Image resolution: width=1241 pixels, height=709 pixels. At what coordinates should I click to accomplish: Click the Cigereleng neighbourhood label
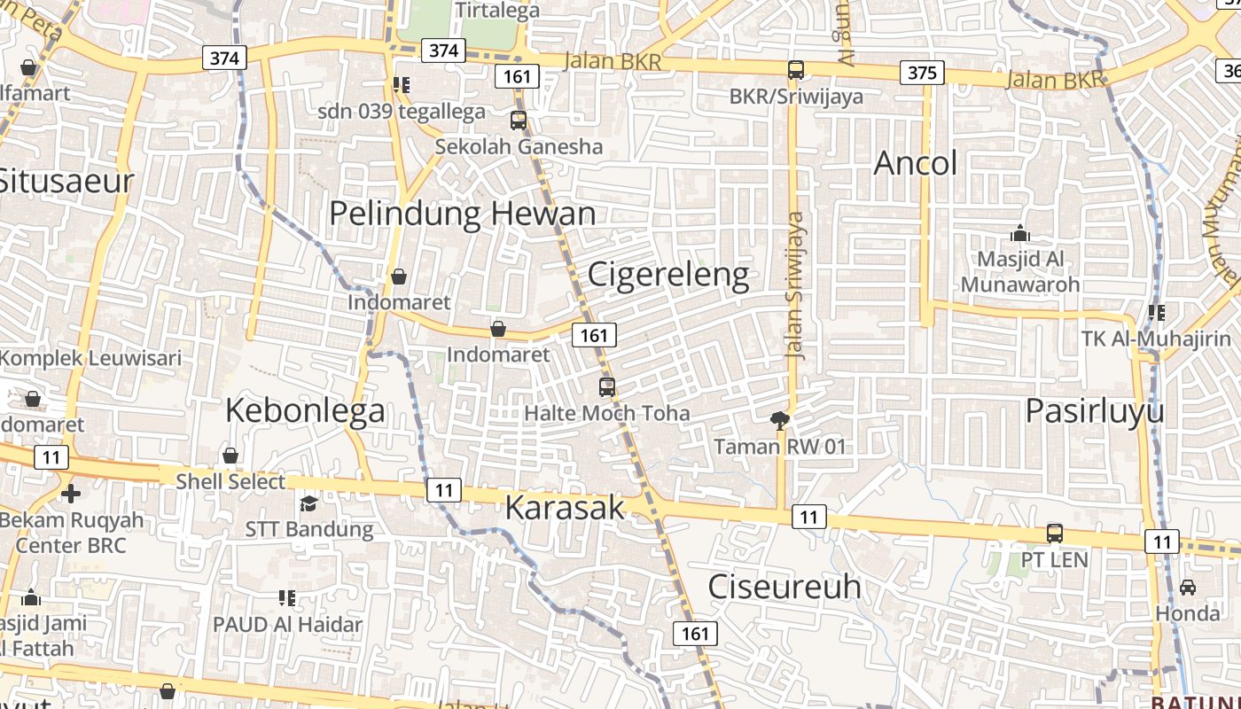[668, 276]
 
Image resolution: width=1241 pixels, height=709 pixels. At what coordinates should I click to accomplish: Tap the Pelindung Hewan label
[462, 214]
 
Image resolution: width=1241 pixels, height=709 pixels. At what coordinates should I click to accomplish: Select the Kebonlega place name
[305, 410]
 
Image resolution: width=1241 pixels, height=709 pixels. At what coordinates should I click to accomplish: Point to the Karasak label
[565, 508]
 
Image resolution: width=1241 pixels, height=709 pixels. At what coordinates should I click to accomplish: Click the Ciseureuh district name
[784, 587]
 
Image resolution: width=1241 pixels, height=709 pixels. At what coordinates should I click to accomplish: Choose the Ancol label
[916, 163]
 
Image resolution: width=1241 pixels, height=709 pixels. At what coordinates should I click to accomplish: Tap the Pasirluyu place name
[1095, 411]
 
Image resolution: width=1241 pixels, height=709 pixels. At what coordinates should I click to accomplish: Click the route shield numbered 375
[922, 73]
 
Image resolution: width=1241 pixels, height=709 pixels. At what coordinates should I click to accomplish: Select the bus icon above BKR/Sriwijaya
[796, 69]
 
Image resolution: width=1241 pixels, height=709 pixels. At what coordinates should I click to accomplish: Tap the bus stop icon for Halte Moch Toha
[607, 386]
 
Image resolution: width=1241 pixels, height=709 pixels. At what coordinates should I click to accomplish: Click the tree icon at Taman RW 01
[780, 420]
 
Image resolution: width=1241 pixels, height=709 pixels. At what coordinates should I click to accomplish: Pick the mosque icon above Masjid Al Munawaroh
[1019, 233]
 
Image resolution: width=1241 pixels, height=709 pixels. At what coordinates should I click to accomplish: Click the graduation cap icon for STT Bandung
[308, 503]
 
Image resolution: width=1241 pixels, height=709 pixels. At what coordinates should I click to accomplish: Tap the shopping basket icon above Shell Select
[230, 456]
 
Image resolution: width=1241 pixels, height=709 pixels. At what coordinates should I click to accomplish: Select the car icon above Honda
[1187, 587]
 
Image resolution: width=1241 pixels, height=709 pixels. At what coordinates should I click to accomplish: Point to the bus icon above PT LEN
[1055, 533]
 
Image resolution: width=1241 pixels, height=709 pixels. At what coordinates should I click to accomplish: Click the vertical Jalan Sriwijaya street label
[795, 285]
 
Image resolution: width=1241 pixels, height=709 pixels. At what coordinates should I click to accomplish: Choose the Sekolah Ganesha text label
[519, 146]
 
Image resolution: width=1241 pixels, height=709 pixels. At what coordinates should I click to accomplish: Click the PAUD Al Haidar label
[287, 624]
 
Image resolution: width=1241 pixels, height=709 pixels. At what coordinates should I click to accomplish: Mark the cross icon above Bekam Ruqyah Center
[71, 493]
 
